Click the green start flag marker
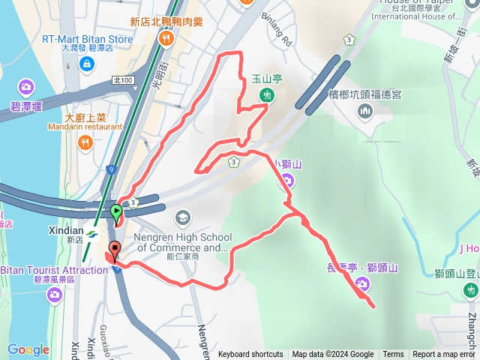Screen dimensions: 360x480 point(116,212)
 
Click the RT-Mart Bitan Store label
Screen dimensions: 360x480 point(87,39)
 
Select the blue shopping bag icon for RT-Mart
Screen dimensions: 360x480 point(88,65)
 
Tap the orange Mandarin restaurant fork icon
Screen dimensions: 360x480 point(87,142)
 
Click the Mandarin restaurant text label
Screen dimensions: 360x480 point(93,127)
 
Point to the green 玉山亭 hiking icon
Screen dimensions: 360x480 point(266,94)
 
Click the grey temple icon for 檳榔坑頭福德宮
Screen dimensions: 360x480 point(365,112)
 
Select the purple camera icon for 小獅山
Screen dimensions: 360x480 point(286,179)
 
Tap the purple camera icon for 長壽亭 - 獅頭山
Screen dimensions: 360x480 point(361,283)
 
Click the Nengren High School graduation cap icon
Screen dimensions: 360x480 point(181,218)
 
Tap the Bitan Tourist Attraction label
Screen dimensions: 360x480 point(54,270)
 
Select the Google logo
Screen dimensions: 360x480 point(28,349)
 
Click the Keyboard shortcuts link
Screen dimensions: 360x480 point(250,355)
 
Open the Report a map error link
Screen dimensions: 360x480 point(445,355)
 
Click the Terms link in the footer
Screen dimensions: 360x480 point(393,355)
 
